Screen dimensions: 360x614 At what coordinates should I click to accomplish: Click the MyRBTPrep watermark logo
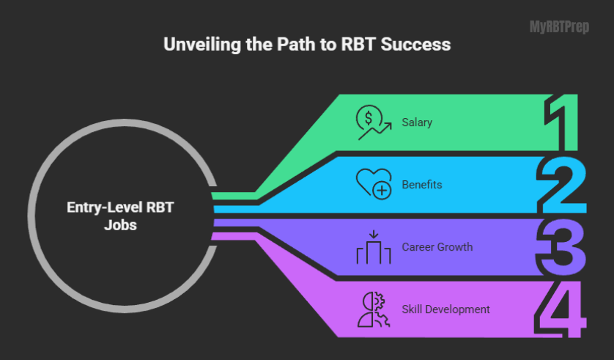click(559, 28)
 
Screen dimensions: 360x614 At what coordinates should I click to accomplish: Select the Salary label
click(417, 122)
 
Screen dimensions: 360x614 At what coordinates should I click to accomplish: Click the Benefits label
click(422, 185)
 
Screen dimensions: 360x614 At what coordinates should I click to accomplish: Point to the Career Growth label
click(437, 247)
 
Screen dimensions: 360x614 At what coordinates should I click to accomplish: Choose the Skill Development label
click(445, 309)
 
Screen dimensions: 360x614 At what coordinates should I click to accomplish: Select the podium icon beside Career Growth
click(373, 247)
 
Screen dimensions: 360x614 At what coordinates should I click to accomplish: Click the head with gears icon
click(373, 309)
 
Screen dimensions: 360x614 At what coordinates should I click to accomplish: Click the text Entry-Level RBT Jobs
click(122, 217)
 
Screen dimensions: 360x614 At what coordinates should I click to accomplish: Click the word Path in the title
click(288, 45)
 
